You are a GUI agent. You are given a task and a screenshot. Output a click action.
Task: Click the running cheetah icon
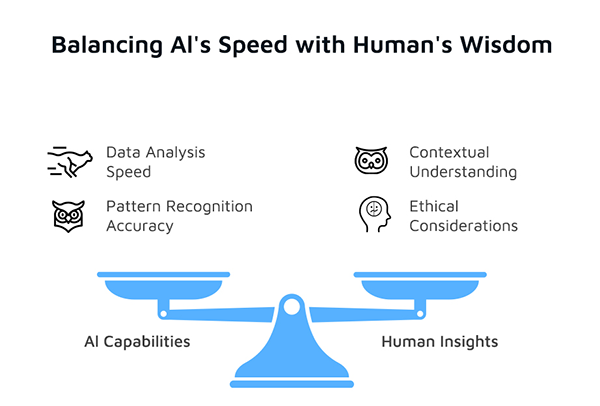(68, 161)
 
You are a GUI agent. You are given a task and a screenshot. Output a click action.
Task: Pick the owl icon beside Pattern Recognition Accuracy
(68, 215)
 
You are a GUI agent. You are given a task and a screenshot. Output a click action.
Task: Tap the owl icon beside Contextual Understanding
(371, 161)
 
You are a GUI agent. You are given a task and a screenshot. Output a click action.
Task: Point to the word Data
(125, 152)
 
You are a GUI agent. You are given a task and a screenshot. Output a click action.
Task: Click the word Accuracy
(140, 226)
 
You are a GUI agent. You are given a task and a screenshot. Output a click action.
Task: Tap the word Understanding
(463, 172)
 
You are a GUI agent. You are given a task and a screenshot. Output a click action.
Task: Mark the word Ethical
(435, 206)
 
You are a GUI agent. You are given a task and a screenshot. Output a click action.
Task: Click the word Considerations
(463, 226)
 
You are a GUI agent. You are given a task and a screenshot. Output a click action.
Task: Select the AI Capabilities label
(137, 342)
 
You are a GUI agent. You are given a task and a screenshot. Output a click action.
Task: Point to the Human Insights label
(440, 342)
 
